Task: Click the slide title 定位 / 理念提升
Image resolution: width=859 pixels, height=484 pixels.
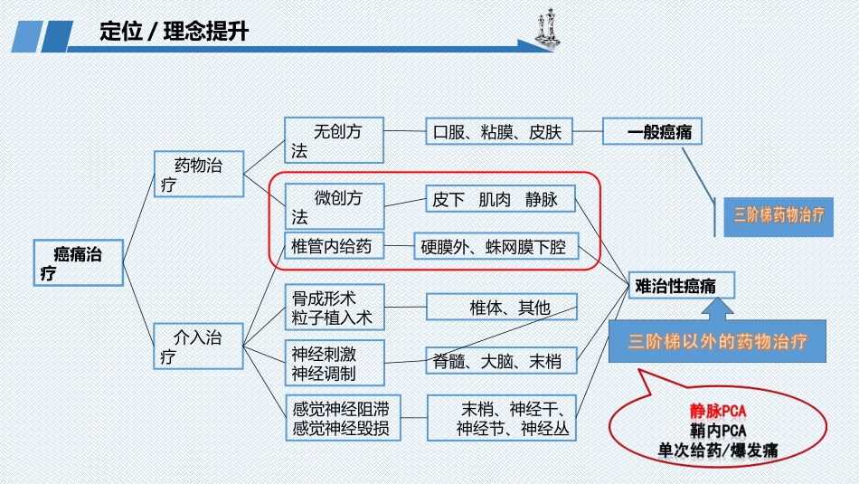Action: pyautogui.click(x=174, y=31)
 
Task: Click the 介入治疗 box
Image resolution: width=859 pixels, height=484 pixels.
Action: pyautogui.click(x=199, y=346)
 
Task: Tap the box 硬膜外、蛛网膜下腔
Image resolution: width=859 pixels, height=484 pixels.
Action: pyautogui.click(x=494, y=246)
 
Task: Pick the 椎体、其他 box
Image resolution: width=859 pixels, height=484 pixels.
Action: pyautogui.click(x=500, y=308)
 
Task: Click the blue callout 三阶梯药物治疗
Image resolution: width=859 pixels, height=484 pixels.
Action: pyautogui.click(x=779, y=215)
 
